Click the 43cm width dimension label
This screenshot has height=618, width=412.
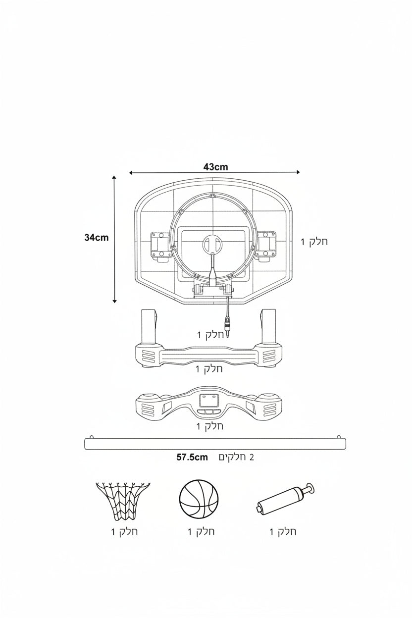coord(216,167)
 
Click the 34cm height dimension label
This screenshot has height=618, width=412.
coord(97,238)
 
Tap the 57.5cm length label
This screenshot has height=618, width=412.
coord(192,458)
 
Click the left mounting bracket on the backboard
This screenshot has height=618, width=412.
coord(160,246)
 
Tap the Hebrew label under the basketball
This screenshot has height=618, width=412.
coord(201,531)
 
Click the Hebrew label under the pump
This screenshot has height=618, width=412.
coord(283,531)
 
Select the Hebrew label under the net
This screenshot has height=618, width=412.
coord(124,531)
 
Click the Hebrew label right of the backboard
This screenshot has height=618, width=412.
coord(314,242)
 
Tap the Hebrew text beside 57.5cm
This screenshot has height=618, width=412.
coord(236,458)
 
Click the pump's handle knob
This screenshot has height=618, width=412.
coord(310,488)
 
